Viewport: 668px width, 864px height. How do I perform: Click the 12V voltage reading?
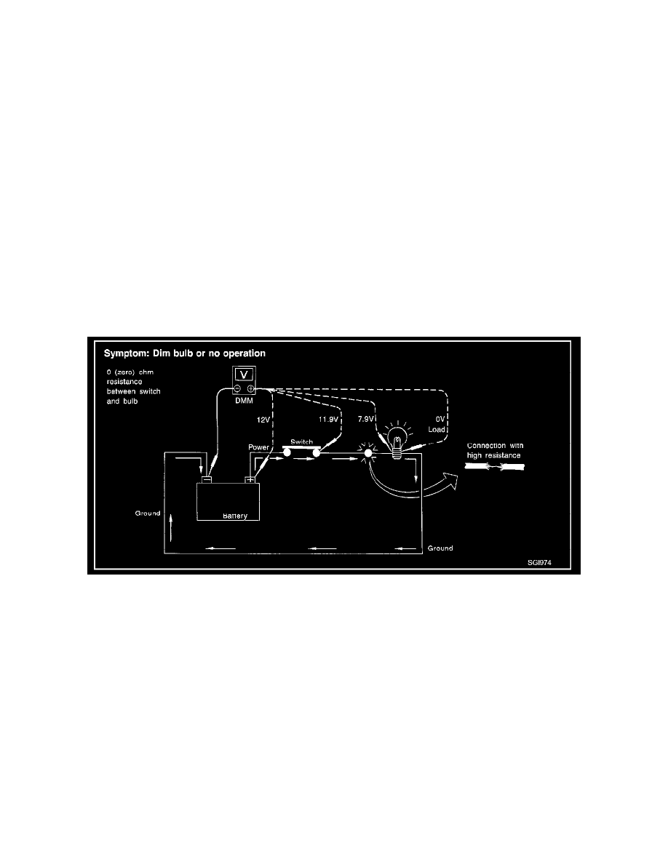263,420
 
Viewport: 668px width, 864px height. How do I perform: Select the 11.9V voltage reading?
328,420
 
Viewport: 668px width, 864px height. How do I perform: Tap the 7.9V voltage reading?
365,420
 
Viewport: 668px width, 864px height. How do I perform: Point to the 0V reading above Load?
440,420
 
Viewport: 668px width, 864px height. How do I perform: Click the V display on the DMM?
244,375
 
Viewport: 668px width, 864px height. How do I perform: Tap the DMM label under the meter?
244,401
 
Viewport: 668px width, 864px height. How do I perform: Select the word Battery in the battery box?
235,516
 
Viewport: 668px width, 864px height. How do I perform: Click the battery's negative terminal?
206,479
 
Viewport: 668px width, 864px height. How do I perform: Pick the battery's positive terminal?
251,479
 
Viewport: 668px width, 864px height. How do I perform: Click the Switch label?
301,442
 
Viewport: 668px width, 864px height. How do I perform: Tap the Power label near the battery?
258,447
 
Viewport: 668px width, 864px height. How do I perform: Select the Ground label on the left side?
148,513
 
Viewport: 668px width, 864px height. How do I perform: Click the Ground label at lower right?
440,548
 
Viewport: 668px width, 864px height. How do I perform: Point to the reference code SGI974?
539,563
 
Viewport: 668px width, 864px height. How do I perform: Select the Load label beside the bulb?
437,430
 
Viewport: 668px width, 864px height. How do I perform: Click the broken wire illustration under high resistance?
494,467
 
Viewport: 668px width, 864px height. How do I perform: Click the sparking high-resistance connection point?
367,453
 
